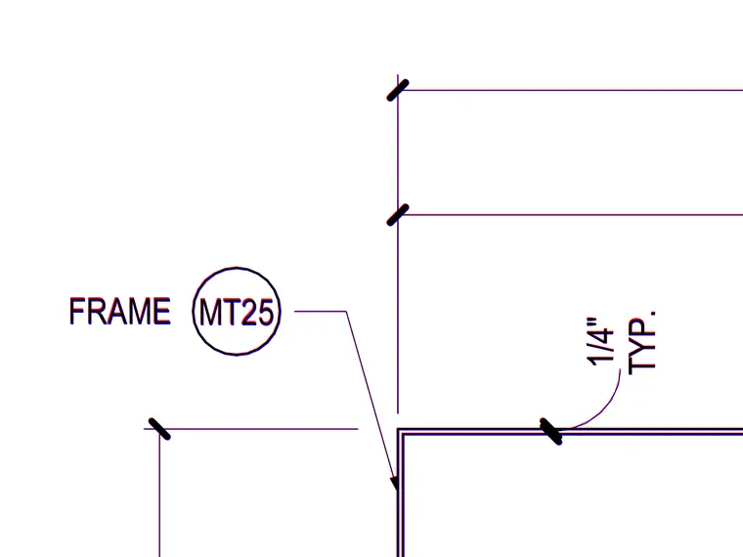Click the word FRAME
[120, 311]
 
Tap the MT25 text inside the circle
[237, 313]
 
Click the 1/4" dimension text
[600, 341]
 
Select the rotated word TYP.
[642, 342]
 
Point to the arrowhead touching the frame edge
[394, 484]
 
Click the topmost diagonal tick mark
[398, 91]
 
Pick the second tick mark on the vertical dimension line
[398, 215]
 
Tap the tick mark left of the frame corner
[159, 429]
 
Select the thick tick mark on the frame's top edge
[551, 432]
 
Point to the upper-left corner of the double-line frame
[398, 429]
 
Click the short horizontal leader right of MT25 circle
[321, 311]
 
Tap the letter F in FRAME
[77, 311]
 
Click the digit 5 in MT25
[265, 313]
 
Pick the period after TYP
[653, 314]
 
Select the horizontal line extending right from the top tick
[570, 90]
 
